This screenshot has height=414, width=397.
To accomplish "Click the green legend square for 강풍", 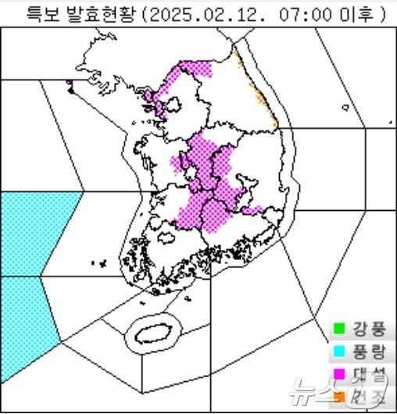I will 339,328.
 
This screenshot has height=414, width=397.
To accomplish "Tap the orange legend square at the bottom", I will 339,397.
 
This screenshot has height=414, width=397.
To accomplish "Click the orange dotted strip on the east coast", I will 258,90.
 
